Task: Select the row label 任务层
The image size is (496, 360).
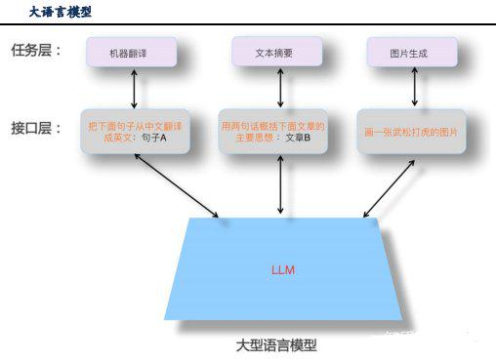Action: coord(35,50)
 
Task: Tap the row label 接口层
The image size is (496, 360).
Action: coord(35,128)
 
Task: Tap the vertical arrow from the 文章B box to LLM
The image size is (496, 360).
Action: coord(280,184)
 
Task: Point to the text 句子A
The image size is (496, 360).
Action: coord(153,139)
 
